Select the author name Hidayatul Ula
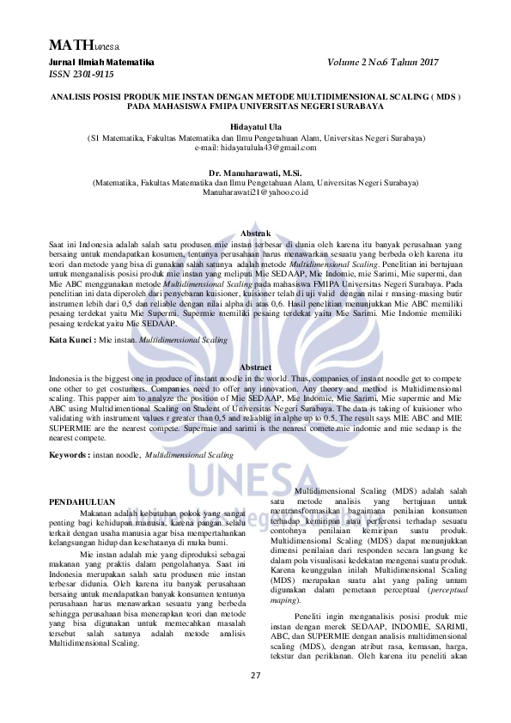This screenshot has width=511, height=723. [255, 127]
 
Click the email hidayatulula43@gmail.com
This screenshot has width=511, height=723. [255, 148]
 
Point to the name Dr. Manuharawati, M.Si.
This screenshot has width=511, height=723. [255, 173]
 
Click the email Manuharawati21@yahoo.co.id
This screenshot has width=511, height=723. [255, 192]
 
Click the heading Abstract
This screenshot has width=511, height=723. [255, 367]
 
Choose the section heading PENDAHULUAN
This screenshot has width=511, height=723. [82, 500]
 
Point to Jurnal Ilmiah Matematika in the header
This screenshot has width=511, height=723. [100, 63]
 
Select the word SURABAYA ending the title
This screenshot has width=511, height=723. [361, 106]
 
